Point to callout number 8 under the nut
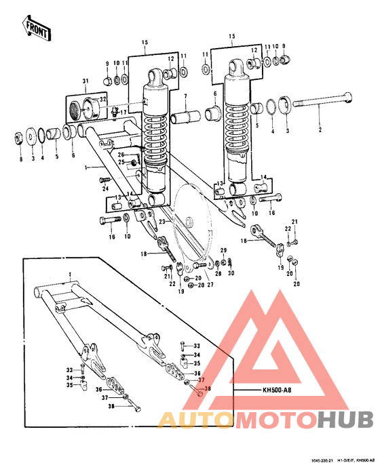(x=20, y=160)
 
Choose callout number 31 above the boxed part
(x=85, y=82)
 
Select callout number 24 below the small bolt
(x=106, y=189)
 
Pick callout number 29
(x=223, y=251)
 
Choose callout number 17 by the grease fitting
(x=123, y=113)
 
